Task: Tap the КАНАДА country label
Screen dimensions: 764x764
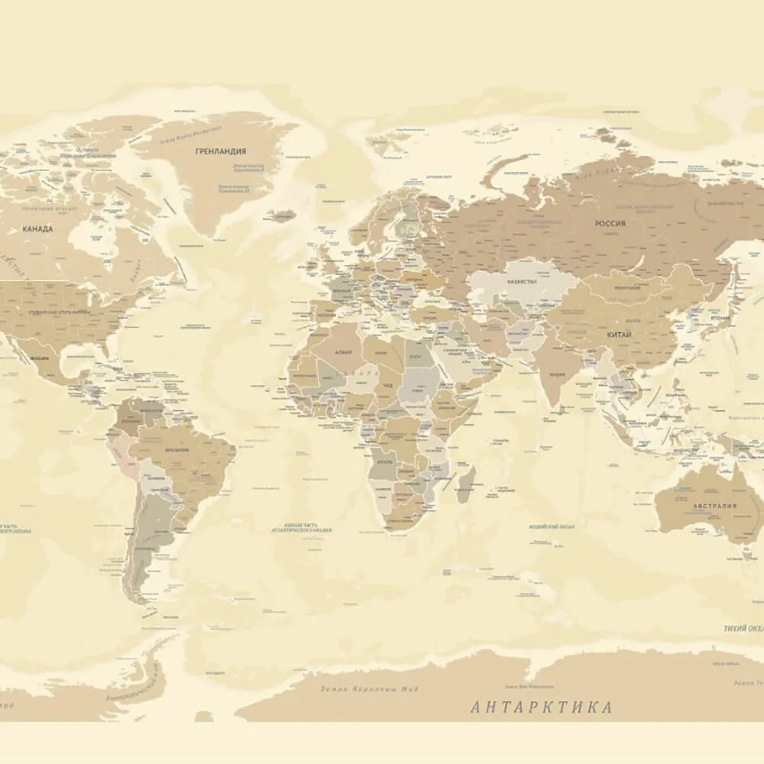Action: pos(37,228)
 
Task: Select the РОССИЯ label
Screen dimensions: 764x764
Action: pos(610,224)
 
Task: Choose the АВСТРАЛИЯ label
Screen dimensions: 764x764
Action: pos(714,506)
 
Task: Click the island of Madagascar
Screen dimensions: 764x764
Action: pos(466,485)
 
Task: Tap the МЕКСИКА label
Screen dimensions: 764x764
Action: pos(39,358)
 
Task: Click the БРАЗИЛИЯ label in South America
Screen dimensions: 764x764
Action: pos(177,450)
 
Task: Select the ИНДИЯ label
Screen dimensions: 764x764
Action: pos(558,374)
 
